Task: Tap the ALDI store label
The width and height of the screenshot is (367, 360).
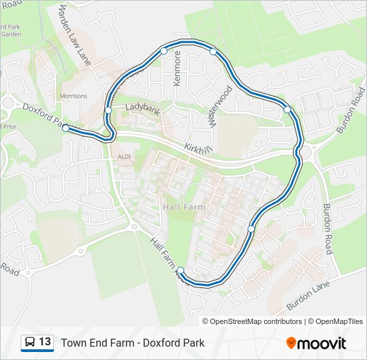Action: pos(124,157)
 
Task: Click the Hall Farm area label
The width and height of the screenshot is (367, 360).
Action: pos(183,207)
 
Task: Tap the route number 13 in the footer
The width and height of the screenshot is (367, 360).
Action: pos(45,343)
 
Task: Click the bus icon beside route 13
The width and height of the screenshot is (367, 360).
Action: pos(30,343)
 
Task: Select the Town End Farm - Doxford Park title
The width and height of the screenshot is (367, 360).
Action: pos(133,343)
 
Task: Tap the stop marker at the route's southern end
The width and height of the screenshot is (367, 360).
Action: pos(180,270)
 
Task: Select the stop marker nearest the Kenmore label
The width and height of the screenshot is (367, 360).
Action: pos(163,51)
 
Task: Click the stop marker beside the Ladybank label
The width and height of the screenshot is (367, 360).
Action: pos(108,110)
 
